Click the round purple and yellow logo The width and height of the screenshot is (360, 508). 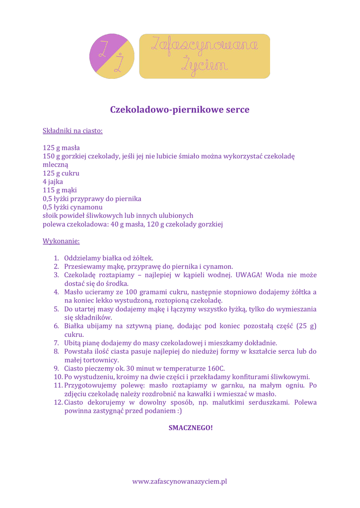pos(112,56)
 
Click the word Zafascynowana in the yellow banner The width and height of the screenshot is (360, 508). pos(204,46)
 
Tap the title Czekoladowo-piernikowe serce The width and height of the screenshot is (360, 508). pos(180,109)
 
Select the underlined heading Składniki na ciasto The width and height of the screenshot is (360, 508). pos(72,131)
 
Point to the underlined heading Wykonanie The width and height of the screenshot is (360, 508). pos(61,241)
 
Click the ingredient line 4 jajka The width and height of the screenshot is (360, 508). pos(53,182)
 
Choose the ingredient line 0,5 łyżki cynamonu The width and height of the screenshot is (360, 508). pos(72,207)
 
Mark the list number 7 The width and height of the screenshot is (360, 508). pos(56,343)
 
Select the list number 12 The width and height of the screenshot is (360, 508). pos(57,402)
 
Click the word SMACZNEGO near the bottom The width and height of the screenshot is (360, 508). pos(191,427)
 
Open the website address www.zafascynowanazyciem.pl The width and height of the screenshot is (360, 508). pos(180,481)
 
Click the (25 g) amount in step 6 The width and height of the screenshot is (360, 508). pos(306,326)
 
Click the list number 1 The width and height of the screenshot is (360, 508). pos(56,258)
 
